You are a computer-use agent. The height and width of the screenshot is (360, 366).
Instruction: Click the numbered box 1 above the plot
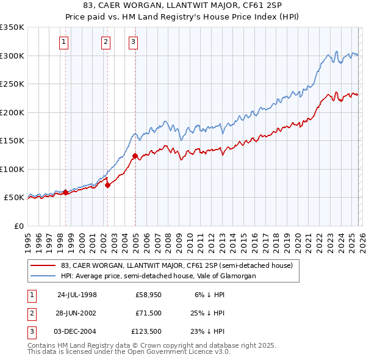tap(64, 42)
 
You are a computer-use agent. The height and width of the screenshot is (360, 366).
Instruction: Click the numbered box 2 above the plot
tap(106, 42)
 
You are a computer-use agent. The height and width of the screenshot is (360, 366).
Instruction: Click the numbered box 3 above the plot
tap(133, 42)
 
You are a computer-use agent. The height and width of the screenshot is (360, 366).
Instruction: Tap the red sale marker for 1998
tap(66, 192)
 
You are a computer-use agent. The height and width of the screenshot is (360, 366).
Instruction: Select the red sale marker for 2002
tap(107, 185)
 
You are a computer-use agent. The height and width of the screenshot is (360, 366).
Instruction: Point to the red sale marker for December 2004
tap(135, 156)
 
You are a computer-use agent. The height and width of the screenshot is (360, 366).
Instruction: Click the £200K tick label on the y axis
tap(12, 112)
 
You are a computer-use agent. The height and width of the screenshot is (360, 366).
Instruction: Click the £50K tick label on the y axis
tap(14, 198)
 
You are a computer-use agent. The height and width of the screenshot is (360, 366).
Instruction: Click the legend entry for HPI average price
tap(158, 276)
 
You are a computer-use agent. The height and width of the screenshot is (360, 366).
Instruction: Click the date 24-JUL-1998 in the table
tap(77, 295)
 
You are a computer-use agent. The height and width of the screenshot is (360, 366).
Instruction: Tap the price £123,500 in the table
tap(146, 331)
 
